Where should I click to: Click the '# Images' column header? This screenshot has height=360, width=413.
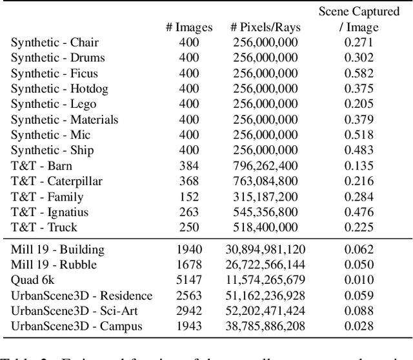pos(188,27)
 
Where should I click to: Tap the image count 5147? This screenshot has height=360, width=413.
pos(188,280)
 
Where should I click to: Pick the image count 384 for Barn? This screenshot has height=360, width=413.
pos(188,166)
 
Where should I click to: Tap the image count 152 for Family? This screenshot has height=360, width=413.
pos(188,197)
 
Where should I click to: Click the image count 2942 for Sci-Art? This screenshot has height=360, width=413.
pos(188,311)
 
